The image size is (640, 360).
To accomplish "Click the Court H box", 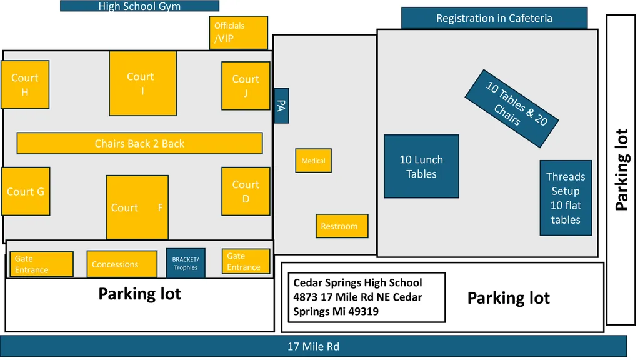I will (x=25, y=84).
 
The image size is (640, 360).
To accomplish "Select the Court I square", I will (x=142, y=83).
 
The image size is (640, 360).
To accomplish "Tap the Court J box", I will (x=245, y=86).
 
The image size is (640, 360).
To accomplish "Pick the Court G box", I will (x=25, y=191).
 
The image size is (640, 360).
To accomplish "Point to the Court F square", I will (x=137, y=207).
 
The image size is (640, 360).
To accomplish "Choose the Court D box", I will (x=245, y=191).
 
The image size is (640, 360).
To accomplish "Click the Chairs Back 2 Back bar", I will (x=139, y=143).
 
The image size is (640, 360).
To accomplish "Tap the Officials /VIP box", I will (x=238, y=32).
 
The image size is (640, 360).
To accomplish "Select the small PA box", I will (x=281, y=106).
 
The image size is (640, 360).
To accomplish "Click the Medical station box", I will (x=313, y=161).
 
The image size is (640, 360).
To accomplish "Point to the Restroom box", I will (x=341, y=226).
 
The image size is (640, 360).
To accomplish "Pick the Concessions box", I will (x=121, y=264).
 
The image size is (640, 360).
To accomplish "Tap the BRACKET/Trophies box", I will (x=186, y=263).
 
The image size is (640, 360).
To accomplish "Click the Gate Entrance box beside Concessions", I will (x=41, y=264).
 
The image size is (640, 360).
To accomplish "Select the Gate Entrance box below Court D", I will (x=246, y=261).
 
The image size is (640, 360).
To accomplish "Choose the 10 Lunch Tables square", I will (x=421, y=167).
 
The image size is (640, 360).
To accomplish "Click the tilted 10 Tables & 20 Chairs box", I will (x=514, y=108).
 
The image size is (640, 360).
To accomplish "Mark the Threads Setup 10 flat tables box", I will (x=566, y=198).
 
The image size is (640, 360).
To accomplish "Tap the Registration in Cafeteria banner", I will (x=494, y=18).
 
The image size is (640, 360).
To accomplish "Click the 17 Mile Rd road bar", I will (x=313, y=346).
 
